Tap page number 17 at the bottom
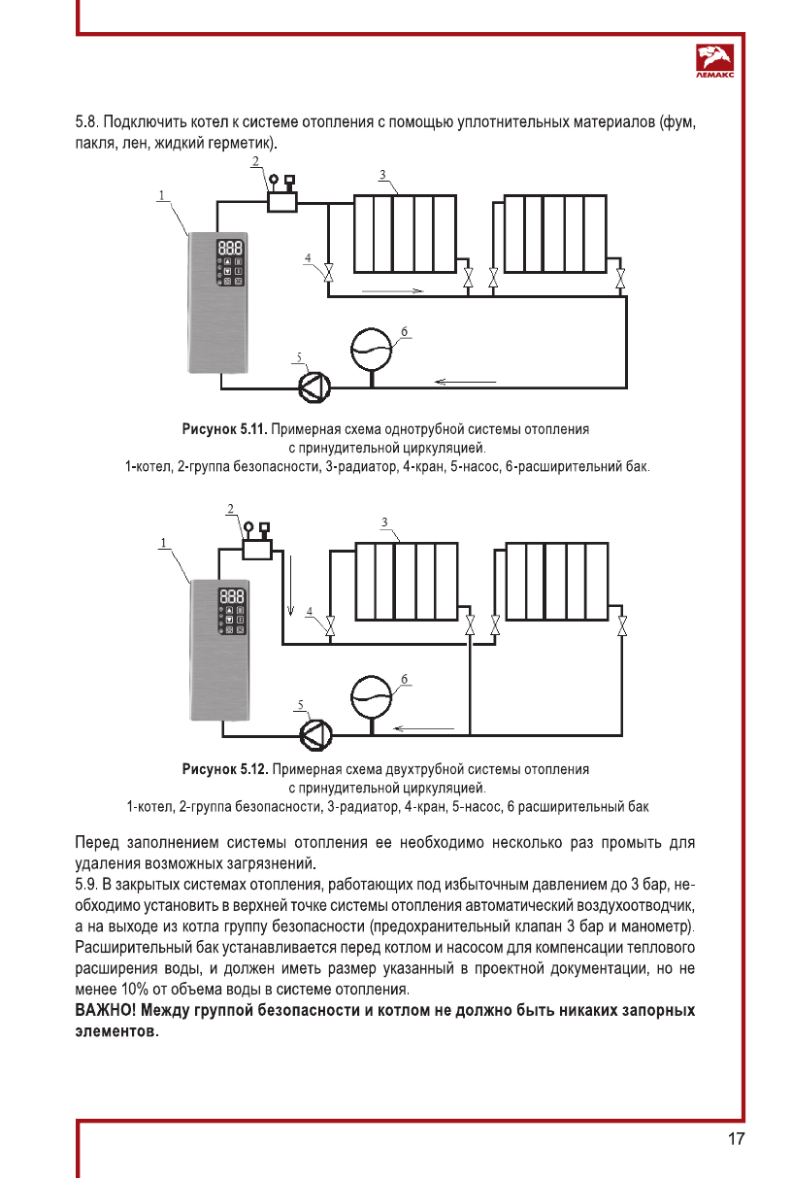click(736, 1139)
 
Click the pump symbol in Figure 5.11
click(314, 387)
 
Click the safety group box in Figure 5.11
click(283, 202)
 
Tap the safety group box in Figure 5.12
click(257, 549)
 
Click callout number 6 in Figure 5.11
click(402, 330)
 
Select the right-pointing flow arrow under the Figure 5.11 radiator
click(393, 289)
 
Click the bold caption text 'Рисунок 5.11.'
click(224, 428)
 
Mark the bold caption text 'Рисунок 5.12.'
click(224, 770)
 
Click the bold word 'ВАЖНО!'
click(107, 1011)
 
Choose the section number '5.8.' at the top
click(89, 124)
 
